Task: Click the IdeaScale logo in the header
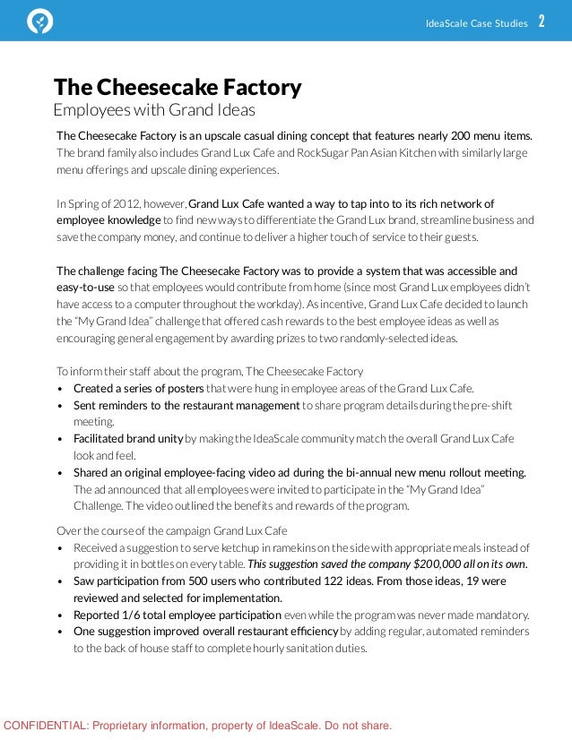(x=40, y=22)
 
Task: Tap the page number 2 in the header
(x=542, y=22)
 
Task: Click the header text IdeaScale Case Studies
(x=477, y=23)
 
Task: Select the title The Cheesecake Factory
(x=178, y=88)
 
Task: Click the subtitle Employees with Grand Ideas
(x=154, y=110)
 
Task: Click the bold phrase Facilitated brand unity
(x=128, y=439)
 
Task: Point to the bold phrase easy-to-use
(x=86, y=287)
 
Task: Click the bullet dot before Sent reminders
(x=60, y=406)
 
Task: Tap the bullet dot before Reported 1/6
(x=60, y=615)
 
